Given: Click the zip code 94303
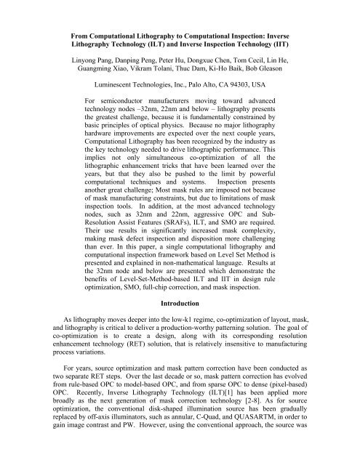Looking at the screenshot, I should coord(241,84).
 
